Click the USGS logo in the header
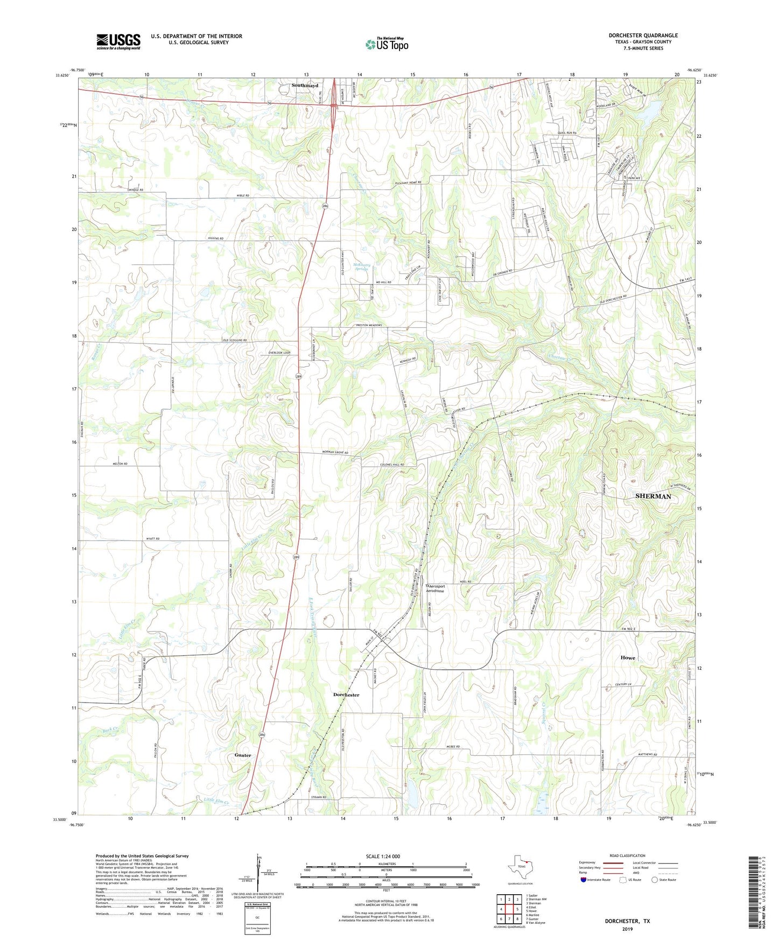[x=118, y=41]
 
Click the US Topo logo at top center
[x=387, y=44]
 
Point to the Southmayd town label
[x=305, y=86]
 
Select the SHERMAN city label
[x=653, y=496]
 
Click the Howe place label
[x=627, y=658]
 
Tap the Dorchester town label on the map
[x=346, y=695]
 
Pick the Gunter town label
[x=243, y=755]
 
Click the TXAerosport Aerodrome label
[x=439, y=588]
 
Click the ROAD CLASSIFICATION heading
[x=627, y=855]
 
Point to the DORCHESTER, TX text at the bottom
[x=627, y=921]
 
